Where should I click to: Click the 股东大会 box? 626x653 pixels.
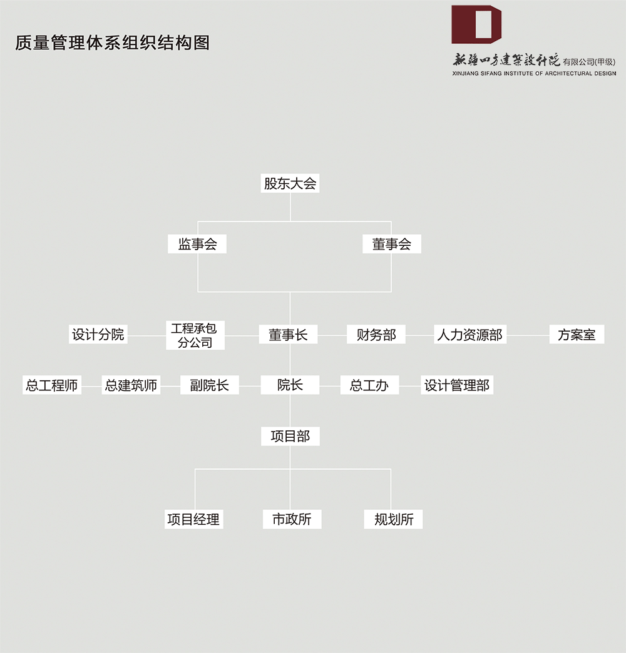290,183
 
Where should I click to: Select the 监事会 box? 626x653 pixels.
197,244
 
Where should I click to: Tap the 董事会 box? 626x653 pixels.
392,244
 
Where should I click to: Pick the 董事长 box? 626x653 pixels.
288,335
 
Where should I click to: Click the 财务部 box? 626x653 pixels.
376,335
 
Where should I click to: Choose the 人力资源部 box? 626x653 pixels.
470,335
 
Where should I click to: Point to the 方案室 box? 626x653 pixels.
577,335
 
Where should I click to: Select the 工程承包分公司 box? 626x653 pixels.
195,335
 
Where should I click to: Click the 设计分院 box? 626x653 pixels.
98,335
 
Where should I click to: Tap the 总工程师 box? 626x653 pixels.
52,385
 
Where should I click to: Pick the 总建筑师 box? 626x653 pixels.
131,385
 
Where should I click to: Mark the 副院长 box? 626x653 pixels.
209,385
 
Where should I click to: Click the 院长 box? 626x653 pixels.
290,385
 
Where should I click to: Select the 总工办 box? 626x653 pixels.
369,385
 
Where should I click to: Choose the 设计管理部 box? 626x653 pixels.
457,385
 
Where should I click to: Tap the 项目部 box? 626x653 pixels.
290,437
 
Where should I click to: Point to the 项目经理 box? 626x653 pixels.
194,519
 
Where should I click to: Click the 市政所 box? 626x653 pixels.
292,519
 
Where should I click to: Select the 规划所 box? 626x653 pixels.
393,519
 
